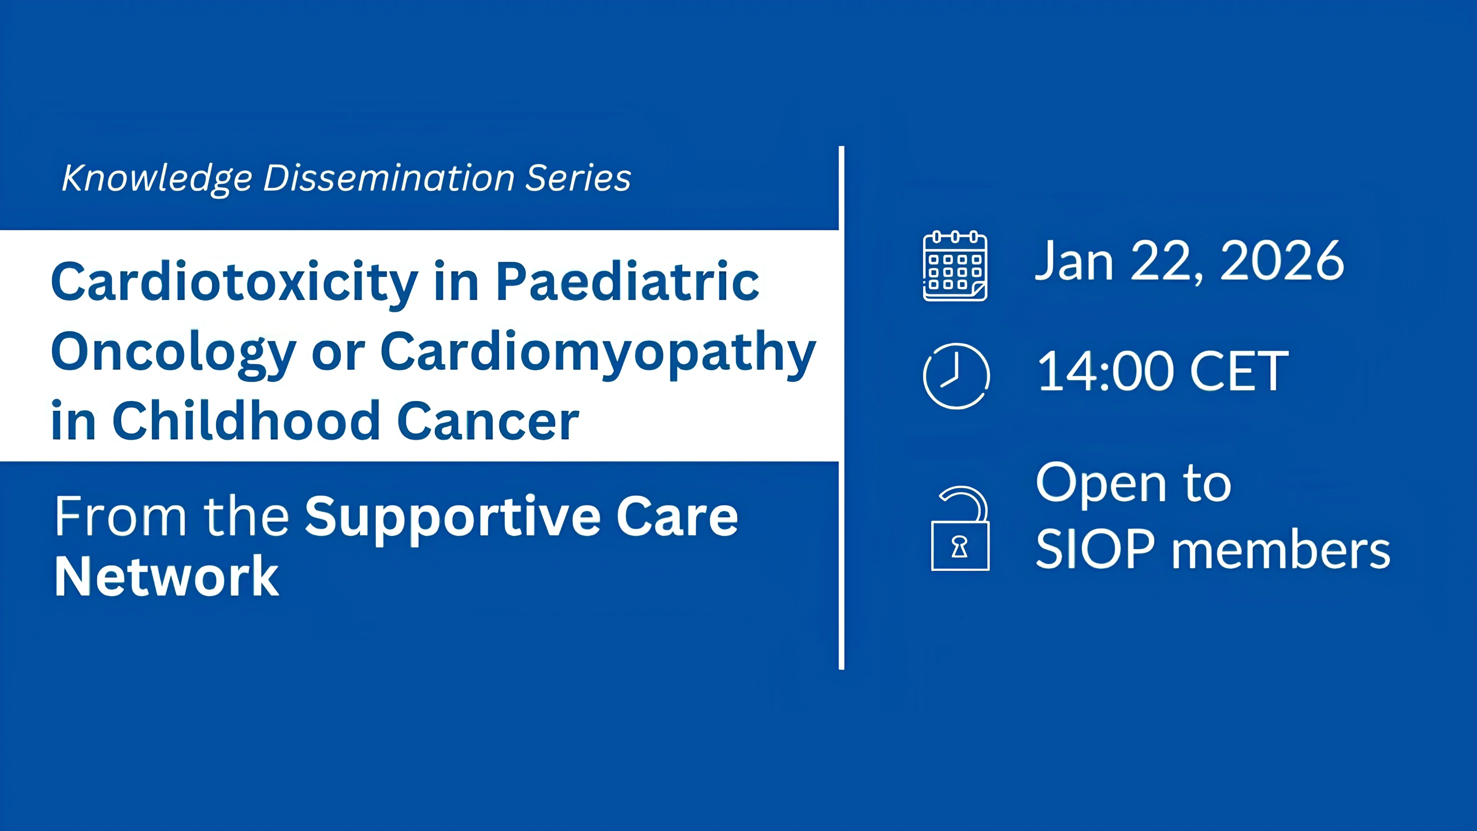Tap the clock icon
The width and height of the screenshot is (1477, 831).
[x=956, y=376]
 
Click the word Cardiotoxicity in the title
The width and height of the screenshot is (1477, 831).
[x=234, y=282]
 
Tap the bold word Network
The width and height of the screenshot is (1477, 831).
[x=166, y=577]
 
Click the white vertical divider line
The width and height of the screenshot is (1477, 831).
[x=841, y=407]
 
